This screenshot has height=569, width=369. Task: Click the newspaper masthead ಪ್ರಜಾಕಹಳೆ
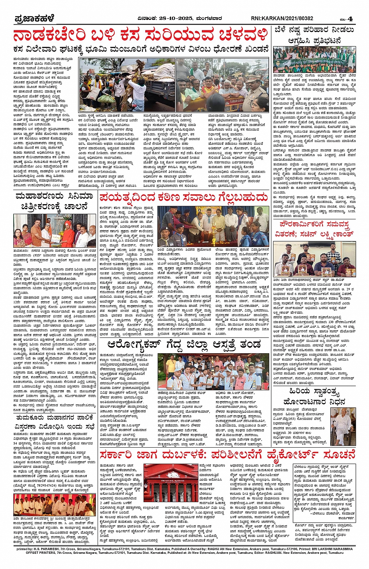34,18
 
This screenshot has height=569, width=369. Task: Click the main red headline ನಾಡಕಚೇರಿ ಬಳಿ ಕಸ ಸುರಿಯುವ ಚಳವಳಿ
141,35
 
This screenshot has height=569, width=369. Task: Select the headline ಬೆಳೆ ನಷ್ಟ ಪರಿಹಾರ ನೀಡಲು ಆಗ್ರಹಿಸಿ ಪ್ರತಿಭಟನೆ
314,35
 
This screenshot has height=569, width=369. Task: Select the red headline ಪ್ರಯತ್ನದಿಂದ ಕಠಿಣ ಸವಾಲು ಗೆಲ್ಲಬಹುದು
184,197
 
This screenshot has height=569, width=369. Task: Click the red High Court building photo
171,482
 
